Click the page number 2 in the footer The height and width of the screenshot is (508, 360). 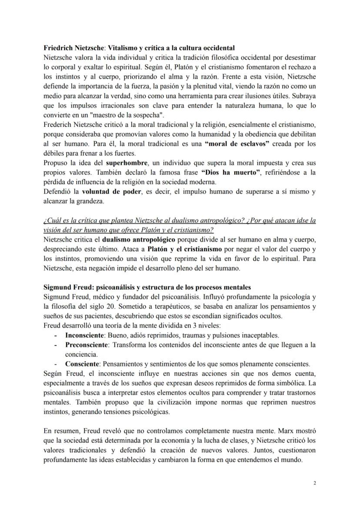pyautogui.click(x=315, y=482)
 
